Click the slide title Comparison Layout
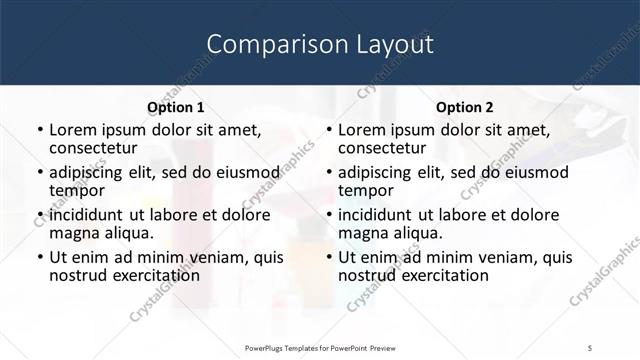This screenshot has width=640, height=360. coord(320,44)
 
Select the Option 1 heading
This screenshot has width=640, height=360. coord(176,107)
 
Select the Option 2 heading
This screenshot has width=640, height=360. coord(465,107)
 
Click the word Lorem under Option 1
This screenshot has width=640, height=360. coord(71,130)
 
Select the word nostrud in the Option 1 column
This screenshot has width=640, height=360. coord(78,275)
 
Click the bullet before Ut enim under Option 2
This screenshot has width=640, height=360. coord(329,257)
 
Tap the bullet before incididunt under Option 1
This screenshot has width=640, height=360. coord(40,215)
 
